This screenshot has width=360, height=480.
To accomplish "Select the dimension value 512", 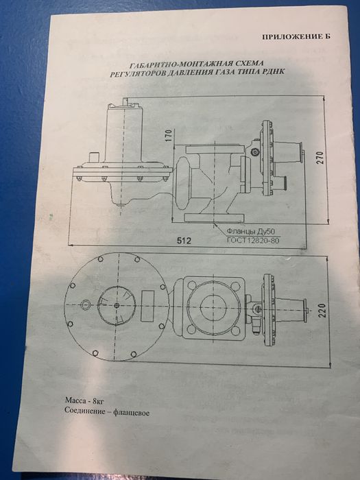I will pyautogui.click(x=182, y=241).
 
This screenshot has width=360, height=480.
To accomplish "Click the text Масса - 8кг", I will pyautogui.click(x=86, y=399).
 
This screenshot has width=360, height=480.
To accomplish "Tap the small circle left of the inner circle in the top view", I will pyautogui.click(x=86, y=304).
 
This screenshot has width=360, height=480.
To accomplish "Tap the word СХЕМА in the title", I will pyautogui.click(x=243, y=62).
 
